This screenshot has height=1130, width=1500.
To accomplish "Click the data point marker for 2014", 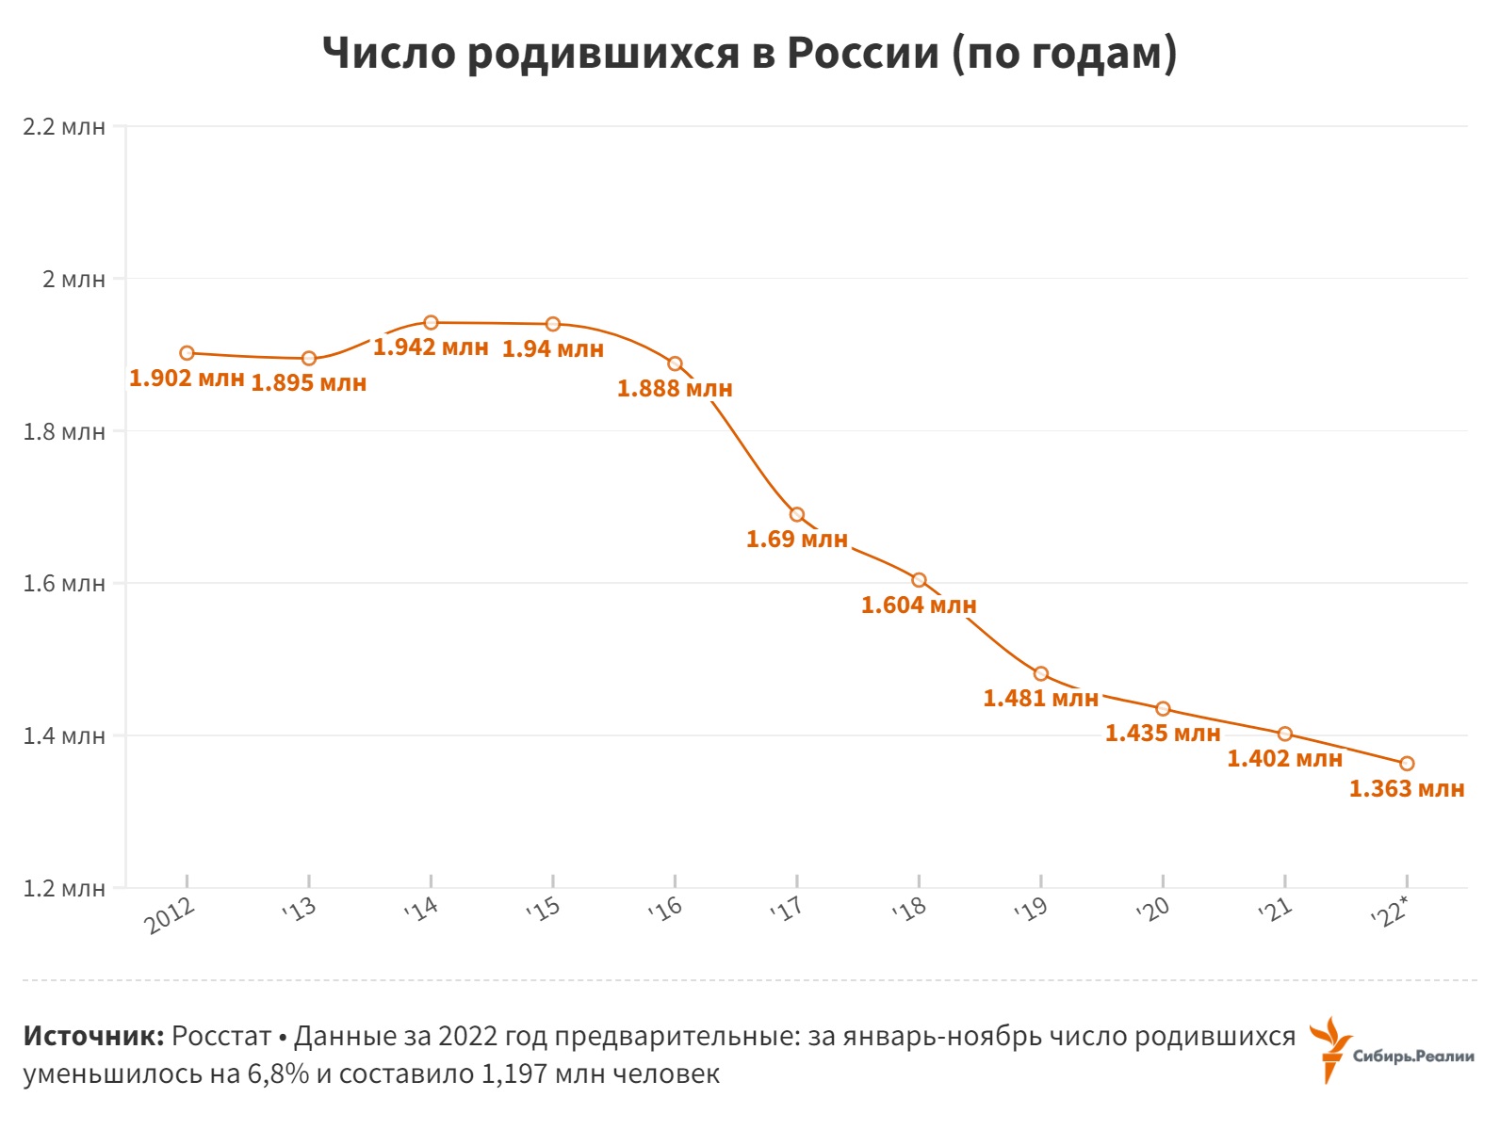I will click(431, 322).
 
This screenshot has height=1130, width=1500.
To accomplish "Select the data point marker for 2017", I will click(797, 514).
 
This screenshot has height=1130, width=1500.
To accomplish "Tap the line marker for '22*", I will click(1407, 764).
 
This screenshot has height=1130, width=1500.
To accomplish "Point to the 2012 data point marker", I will click(187, 353).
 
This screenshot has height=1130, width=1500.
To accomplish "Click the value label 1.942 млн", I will click(431, 347).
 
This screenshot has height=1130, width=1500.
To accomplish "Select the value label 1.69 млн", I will click(797, 540).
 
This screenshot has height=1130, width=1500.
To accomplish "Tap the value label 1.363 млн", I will click(1407, 789).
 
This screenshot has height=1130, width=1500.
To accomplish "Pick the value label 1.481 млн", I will click(1040, 699).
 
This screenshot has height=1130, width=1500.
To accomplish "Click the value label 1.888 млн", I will click(675, 389).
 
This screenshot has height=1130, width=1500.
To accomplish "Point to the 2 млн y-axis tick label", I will click(73, 280).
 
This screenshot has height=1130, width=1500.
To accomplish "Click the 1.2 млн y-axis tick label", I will click(64, 889).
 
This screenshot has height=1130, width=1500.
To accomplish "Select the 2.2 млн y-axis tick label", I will click(64, 127).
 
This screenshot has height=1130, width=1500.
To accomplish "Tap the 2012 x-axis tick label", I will click(171, 915).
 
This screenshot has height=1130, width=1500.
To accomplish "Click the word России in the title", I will click(863, 54).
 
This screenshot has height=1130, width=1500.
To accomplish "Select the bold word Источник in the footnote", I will click(92, 1037).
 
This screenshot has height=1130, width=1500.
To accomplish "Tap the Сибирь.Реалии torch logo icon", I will click(1331, 1048).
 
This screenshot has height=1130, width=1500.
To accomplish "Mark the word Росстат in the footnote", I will click(221, 1037).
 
